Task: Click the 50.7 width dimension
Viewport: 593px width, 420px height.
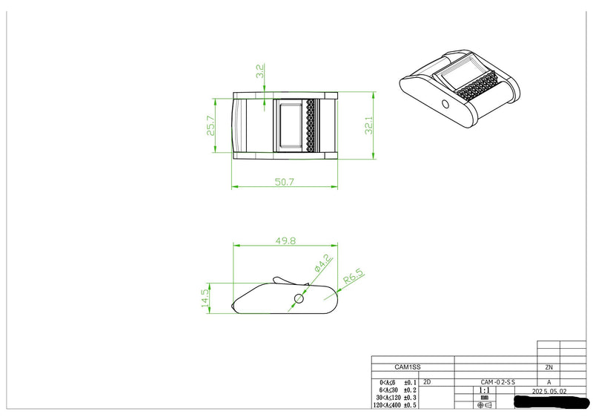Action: coord(285,180)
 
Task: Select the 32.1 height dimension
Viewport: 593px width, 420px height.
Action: coord(368,128)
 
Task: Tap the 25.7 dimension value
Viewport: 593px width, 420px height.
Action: coord(211,125)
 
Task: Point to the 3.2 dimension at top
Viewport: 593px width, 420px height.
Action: coord(260,72)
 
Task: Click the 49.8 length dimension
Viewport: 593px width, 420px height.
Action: coord(285,240)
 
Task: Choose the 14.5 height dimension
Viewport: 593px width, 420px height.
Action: coord(205,298)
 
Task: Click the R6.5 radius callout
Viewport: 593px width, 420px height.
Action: coord(354,278)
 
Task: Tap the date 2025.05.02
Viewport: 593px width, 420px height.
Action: coord(549,390)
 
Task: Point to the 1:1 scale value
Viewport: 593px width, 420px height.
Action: coord(484,390)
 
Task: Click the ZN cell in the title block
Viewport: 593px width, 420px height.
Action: coord(549,367)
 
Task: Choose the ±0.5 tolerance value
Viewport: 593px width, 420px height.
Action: coord(409,406)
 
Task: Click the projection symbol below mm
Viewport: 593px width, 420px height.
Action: coord(484,406)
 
